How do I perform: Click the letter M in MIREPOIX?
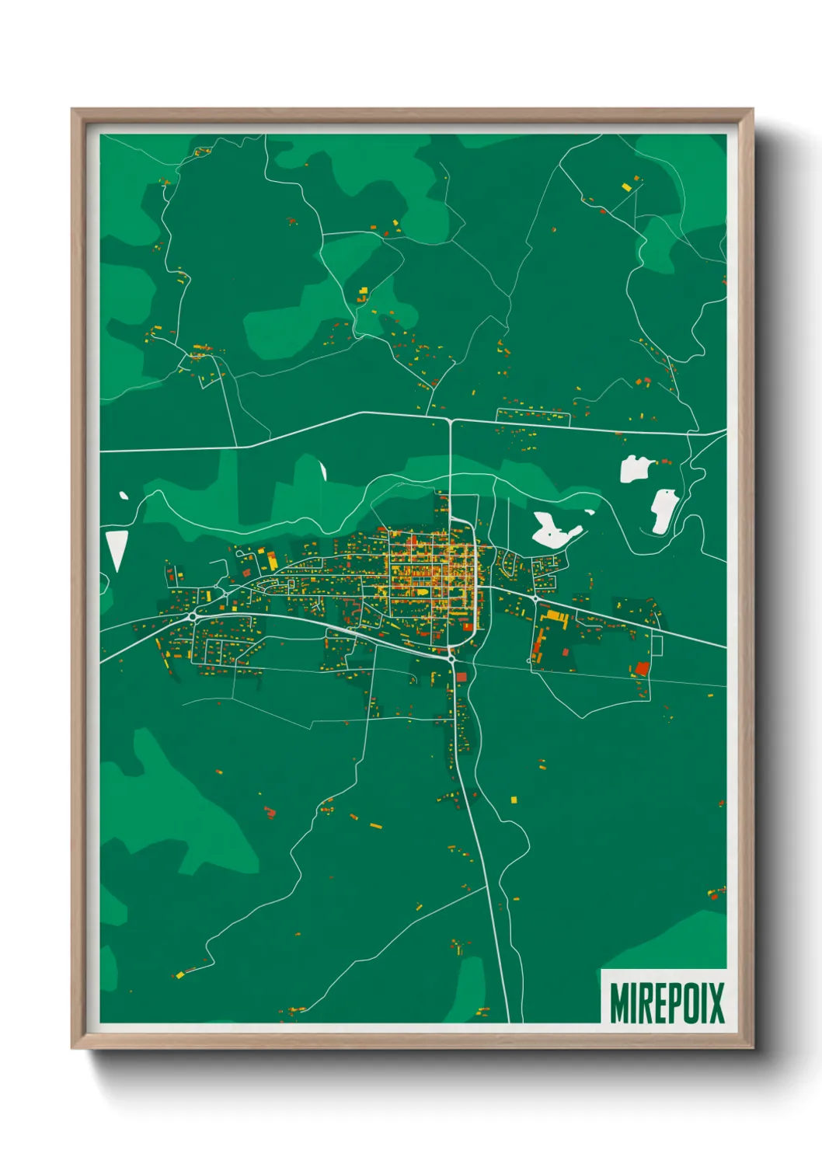tap(620, 1003)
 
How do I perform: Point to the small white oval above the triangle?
tap(123, 495)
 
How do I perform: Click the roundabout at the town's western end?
tap(191, 616)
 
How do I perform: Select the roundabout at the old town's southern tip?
tap(451, 658)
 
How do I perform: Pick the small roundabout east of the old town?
tap(535, 599)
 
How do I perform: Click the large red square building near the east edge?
tap(642, 668)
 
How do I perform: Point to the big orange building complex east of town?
tap(555, 618)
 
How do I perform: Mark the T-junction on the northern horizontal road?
tap(451, 420)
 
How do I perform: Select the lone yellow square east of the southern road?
tap(514, 799)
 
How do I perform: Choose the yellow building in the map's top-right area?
tap(626, 186)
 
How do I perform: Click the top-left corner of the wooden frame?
tap(73, 110)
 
